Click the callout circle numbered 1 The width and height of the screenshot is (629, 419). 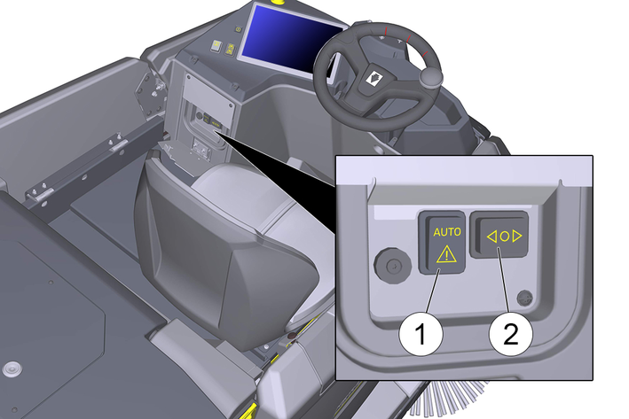(421, 333)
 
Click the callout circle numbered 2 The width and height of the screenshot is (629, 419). (511, 333)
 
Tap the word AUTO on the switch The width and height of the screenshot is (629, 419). (447, 231)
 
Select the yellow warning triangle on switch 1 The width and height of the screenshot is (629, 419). (446, 254)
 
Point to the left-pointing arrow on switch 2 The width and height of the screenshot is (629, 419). (491, 237)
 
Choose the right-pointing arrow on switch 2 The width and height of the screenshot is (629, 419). (517, 237)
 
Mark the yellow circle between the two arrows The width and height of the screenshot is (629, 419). (505, 237)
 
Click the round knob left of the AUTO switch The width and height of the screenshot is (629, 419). (393, 265)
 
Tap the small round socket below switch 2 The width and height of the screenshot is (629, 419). (525, 298)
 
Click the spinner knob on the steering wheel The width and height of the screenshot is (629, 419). (431, 76)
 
